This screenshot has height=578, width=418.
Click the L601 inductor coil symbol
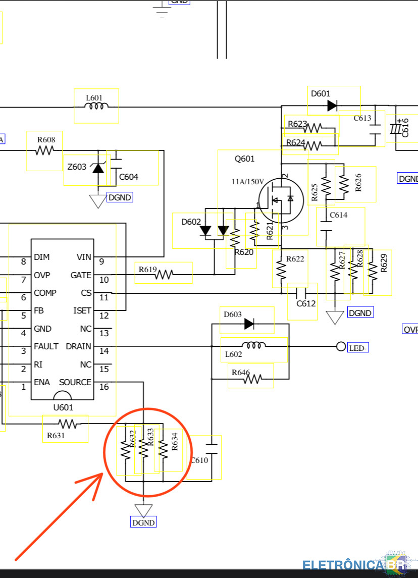click(x=96, y=106)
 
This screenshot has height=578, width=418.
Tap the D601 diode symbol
click(x=332, y=106)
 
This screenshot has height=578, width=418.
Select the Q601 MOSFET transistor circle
click(x=281, y=200)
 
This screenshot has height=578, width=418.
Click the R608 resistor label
click(x=46, y=140)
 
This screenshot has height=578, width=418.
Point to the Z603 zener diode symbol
click(x=98, y=168)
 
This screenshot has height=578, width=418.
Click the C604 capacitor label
click(x=129, y=177)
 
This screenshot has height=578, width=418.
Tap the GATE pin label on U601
click(x=81, y=275)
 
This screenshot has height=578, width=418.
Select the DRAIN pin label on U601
click(x=79, y=346)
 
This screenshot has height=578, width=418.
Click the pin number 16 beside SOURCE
click(x=104, y=387)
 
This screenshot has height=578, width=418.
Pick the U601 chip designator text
click(x=64, y=407)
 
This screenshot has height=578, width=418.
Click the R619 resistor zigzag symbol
click(x=164, y=275)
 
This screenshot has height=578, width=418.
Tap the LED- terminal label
click(x=357, y=348)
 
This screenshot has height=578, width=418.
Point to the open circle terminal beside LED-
click(x=341, y=346)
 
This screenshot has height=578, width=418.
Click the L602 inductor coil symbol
click(x=253, y=345)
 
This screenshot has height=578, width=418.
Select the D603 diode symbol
click(x=249, y=324)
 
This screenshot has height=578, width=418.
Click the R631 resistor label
click(x=56, y=435)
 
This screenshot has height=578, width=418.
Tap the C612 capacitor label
click(x=306, y=303)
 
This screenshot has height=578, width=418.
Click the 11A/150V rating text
click(x=248, y=182)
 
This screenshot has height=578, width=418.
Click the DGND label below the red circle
click(x=143, y=522)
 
